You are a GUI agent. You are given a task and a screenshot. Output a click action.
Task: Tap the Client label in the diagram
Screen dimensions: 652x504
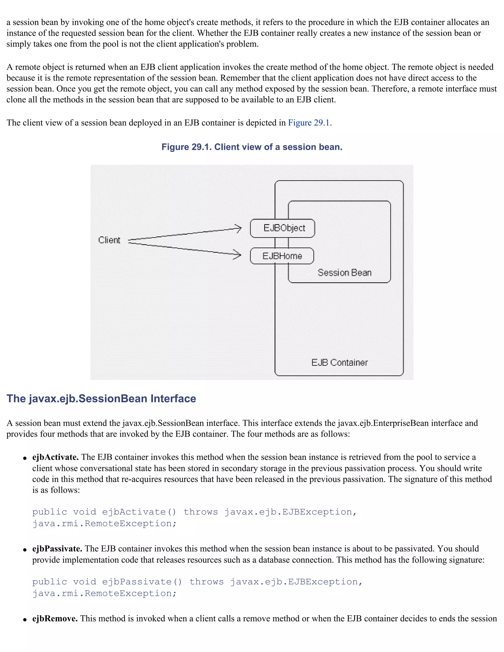pos(109,240)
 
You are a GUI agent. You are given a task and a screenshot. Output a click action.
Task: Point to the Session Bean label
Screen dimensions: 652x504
pos(344,273)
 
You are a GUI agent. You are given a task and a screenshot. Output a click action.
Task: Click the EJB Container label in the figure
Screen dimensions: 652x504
pos(339,362)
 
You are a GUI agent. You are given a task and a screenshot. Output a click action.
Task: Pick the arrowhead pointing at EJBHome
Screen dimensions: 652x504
pos(238,255)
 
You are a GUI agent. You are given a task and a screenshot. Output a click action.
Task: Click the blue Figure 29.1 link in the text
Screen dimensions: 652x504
pos(309,123)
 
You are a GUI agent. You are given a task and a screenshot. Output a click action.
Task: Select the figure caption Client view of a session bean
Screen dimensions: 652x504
pos(252,147)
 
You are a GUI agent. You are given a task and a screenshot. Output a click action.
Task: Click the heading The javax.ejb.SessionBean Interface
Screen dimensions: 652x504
pos(101,399)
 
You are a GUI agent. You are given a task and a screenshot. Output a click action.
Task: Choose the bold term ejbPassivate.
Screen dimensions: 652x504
pos(57,549)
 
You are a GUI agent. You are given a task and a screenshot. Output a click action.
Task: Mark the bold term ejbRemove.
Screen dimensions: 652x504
pos(55,619)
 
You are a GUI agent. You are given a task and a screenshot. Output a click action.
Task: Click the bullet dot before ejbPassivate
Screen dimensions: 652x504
pos(25,550)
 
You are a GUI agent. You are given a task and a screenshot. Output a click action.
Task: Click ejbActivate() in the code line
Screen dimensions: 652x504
pos(139,512)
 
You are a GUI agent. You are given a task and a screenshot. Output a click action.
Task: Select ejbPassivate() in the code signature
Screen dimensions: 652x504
pos(142,582)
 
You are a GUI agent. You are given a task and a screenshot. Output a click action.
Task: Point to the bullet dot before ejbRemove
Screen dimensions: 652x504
pos(25,620)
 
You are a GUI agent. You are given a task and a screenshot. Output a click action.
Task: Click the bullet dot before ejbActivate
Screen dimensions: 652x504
pos(25,458)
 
